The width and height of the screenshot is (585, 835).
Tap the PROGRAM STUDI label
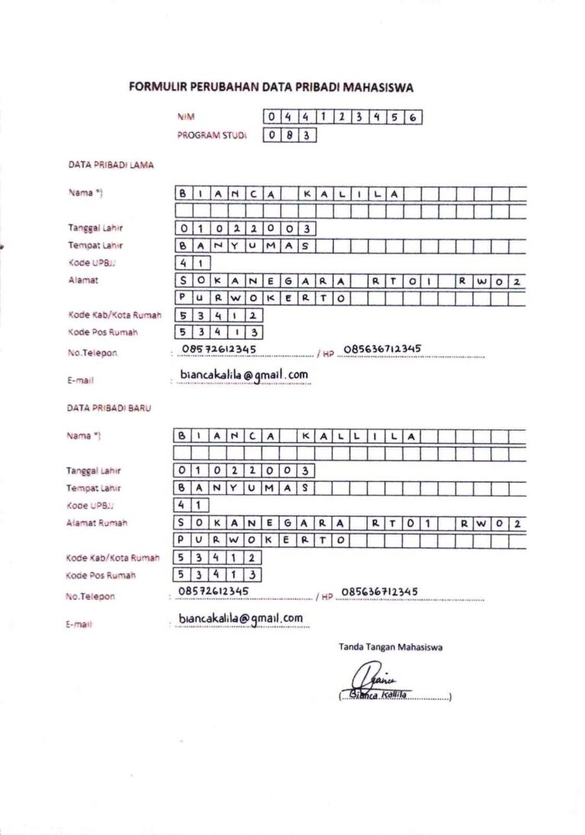[x=213, y=135]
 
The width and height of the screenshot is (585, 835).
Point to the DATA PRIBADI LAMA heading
[x=110, y=164]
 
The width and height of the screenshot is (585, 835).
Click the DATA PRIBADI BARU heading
[x=110, y=408]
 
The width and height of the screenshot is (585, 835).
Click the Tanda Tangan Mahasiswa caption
[x=391, y=648]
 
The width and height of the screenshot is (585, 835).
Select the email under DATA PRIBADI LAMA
[x=244, y=374]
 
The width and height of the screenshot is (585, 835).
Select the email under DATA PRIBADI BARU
[x=241, y=618]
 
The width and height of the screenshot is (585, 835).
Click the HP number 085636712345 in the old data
[x=383, y=349]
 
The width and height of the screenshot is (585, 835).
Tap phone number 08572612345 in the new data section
[x=216, y=591]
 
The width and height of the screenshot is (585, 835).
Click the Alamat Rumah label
[x=97, y=523]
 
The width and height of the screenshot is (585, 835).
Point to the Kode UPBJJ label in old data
[x=86, y=263]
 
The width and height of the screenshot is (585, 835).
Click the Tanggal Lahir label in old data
[x=95, y=228]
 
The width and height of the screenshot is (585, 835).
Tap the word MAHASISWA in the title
[x=379, y=88]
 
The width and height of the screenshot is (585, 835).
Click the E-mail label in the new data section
[x=79, y=624]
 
